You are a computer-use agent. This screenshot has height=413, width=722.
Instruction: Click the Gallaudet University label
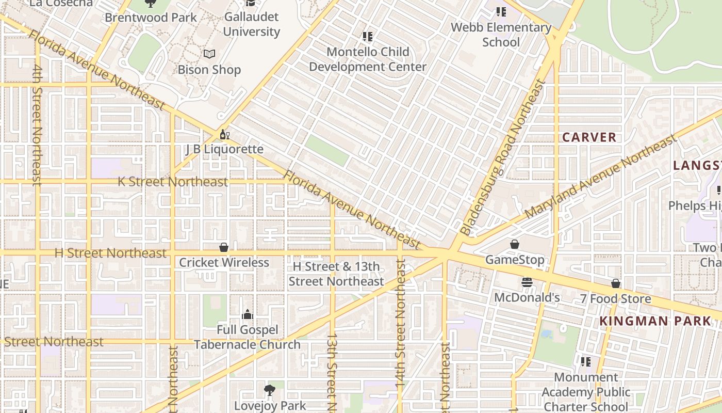[252, 24]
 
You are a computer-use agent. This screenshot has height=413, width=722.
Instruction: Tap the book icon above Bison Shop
[209, 54]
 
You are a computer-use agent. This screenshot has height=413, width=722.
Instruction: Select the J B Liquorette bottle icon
[224, 135]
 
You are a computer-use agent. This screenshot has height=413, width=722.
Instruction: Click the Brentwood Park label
[151, 18]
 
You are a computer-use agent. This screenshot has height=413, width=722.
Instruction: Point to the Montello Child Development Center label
[368, 59]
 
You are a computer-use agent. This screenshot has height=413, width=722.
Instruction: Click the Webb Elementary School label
[501, 35]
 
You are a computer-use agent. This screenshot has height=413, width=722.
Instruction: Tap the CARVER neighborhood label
[589, 137]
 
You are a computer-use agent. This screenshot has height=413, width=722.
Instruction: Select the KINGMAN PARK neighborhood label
[655, 321]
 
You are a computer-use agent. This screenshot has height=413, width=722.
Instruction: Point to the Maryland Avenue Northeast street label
[600, 177]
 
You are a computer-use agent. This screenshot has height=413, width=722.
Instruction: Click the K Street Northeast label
[173, 182]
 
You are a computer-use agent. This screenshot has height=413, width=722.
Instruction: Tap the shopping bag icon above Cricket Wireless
[224, 247]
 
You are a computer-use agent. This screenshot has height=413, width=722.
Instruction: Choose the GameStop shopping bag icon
[514, 244]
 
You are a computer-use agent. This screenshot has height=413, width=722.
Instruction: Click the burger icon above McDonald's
[527, 282]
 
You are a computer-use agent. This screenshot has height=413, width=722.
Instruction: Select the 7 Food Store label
[615, 299]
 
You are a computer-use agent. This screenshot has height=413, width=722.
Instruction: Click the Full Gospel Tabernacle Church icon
[248, 314]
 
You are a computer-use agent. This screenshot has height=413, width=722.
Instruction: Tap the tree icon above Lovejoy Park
[269, 390]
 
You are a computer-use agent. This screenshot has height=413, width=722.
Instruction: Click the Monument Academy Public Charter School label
[586, 392]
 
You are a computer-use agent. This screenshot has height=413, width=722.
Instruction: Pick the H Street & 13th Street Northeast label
[336, 274]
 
